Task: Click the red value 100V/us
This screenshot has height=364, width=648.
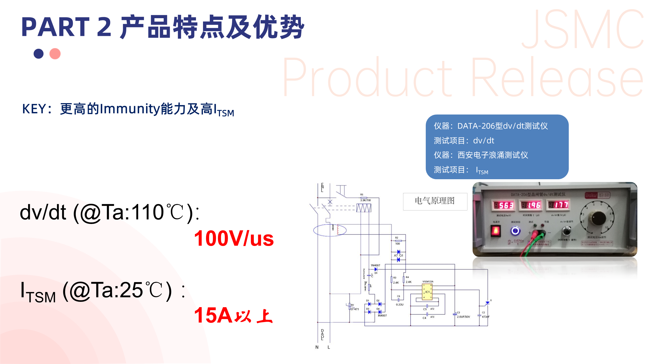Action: point(234,238)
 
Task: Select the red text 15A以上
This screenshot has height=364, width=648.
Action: point(233,315)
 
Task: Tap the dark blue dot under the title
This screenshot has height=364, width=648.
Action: point(38,54)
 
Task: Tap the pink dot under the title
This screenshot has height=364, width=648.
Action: point(55,54)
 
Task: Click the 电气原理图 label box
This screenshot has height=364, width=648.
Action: point(435,201)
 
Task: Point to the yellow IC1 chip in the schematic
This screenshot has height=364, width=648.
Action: point(427,292)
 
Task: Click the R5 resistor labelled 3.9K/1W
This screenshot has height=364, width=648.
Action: point(364,198)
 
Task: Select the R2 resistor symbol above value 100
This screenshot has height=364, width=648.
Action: point(398,241)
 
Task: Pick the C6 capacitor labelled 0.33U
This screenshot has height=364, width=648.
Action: point(398,300)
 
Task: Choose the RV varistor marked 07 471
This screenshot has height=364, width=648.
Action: point(350,306)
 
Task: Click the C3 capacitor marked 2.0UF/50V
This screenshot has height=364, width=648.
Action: point(455,314)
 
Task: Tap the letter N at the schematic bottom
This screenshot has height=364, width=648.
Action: point(317,347)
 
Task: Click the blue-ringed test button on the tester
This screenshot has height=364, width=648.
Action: point(515,231)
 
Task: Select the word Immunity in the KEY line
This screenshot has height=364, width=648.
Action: point(130,109)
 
